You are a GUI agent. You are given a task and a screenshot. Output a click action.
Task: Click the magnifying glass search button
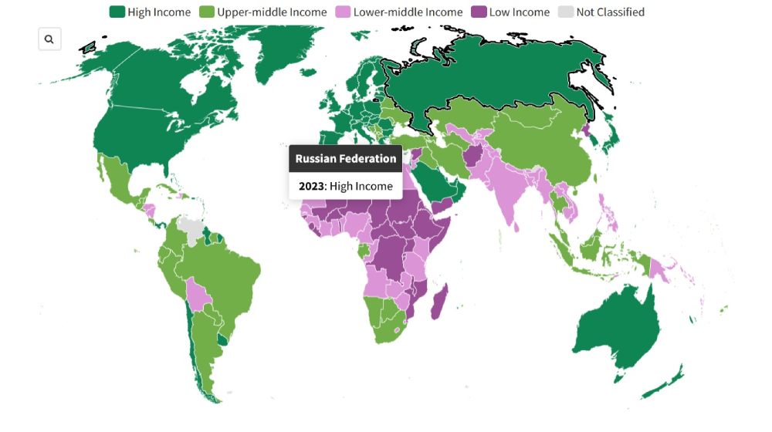pyautogui.click(x=49, y=39)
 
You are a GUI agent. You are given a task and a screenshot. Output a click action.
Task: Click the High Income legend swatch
pyautogui.click(x=117, y=12)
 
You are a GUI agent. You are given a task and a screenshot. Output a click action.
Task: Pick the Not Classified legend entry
pyautogui.click(x=610, y=12)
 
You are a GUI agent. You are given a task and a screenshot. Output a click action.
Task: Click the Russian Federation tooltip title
pyautogui.click(x=346, y=159)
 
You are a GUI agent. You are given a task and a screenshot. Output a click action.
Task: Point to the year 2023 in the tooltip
pyautogui.click(x=312, y=186)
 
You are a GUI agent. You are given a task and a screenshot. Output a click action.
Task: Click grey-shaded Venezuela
pyautogui.click(x=189, y=228)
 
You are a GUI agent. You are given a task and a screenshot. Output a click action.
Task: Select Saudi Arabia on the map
pyautogui.click(x=436, y=182)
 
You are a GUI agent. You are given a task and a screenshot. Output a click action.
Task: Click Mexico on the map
pyautogui.click(x=116, y=185)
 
